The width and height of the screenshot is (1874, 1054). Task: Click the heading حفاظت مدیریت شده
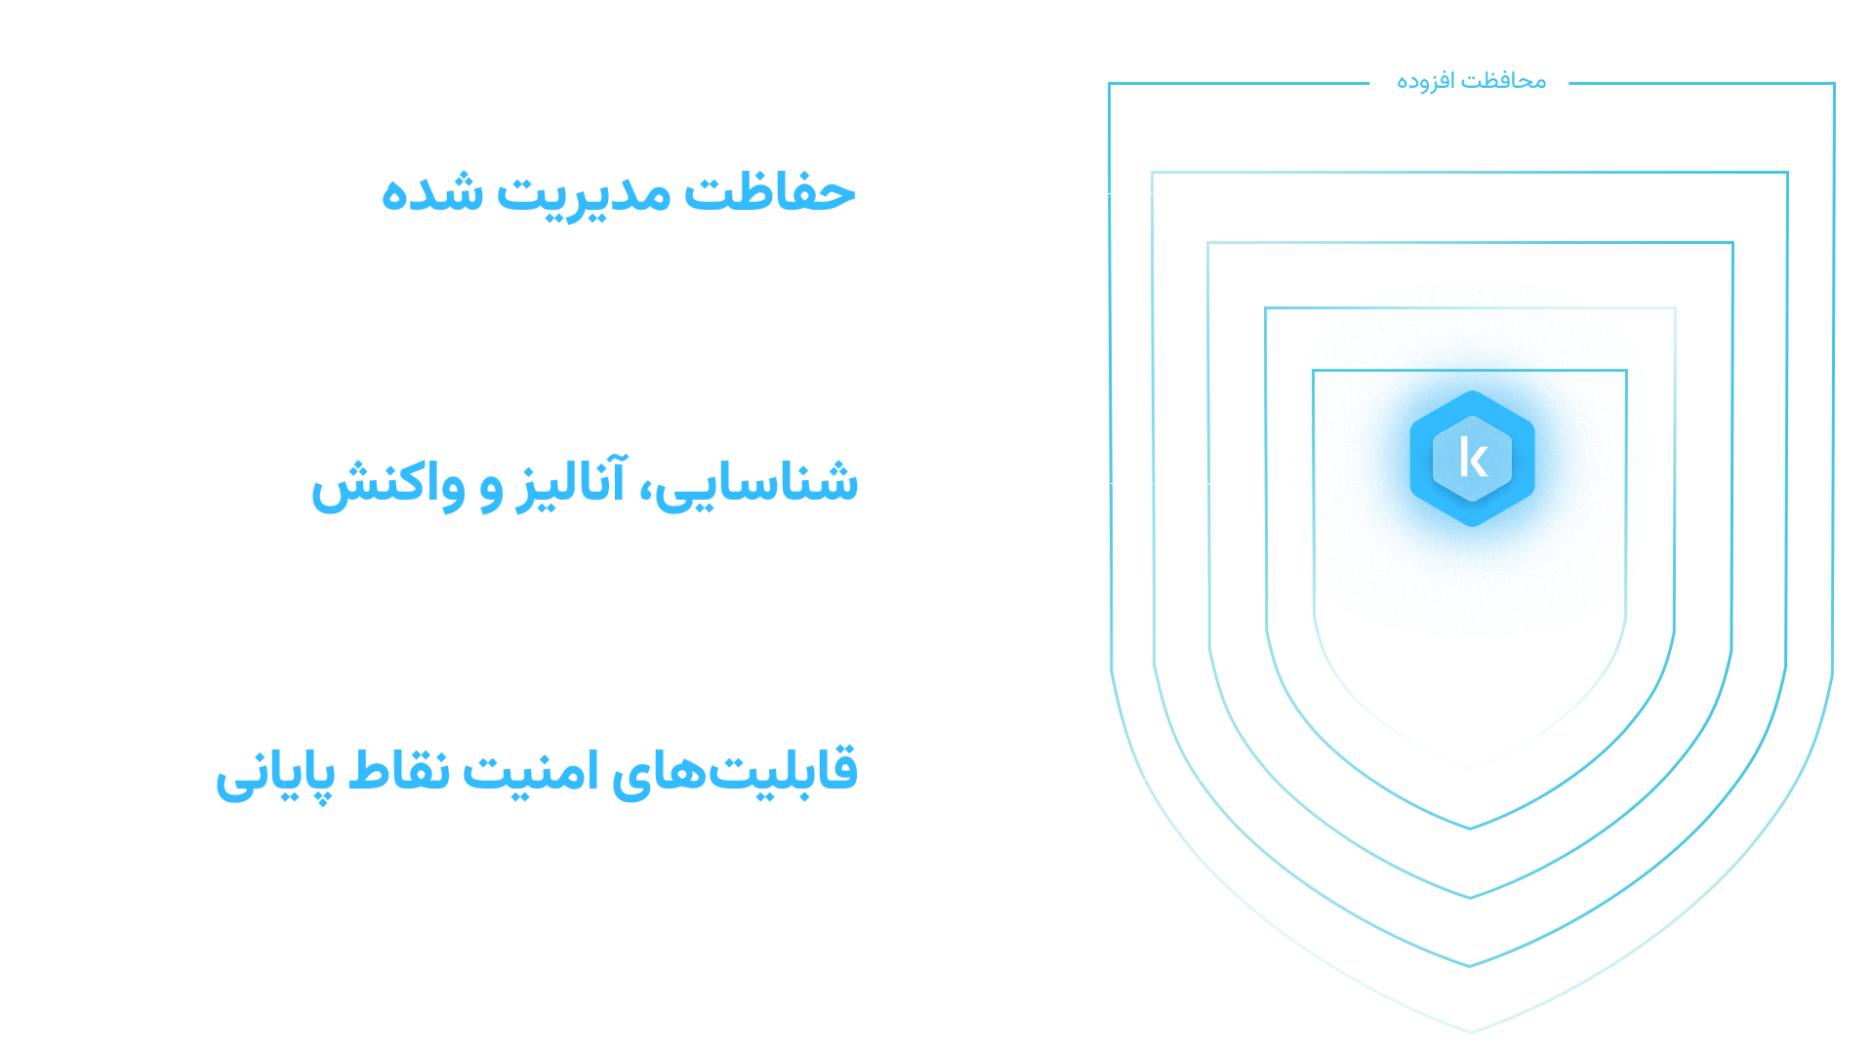617,194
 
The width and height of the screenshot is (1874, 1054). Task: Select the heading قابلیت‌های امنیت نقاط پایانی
537,774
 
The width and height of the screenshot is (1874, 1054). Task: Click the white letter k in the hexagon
1473,458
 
